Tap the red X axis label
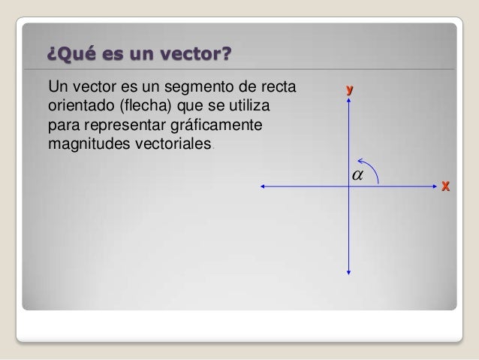coord(445,185)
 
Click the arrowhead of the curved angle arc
coord(360,160)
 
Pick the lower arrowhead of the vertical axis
coord(349,272)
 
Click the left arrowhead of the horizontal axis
coord(261,186)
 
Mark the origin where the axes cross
coord(349,186)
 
